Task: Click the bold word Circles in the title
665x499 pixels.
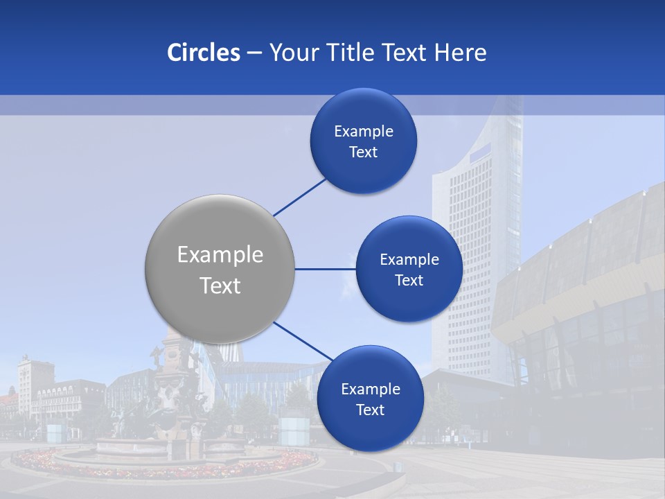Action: click(204, 53)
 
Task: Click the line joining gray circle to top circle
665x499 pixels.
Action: click(299, 197)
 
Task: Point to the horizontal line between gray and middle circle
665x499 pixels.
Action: click(325, 269)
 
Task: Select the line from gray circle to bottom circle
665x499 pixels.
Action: click(303, 341)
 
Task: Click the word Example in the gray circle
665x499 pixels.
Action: click(220, 255)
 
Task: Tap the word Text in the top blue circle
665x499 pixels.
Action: click(364, 152)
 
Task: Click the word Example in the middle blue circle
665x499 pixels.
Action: click(409, 260)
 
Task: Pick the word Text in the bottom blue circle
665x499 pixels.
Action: click(371, 410)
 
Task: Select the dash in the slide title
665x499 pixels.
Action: click(254, 53)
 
